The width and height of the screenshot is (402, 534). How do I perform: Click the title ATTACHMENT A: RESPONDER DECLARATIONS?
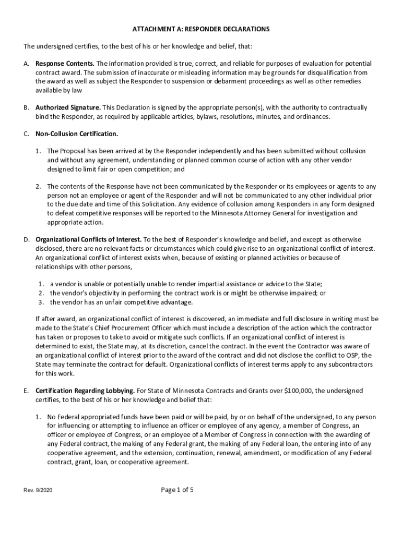pyautogui.click(x=201, y=29)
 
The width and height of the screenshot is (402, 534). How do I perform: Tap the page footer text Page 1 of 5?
pyautogui.click(x=177, y=490)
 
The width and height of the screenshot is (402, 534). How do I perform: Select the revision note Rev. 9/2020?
pyautogui.click(x=38, y=491)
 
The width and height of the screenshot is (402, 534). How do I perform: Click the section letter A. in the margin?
pyautogui.click(x=26, y=64)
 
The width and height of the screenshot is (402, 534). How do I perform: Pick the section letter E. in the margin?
pyautogui.click(x=26, y=391)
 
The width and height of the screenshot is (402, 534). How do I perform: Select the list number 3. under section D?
pyautogui.click(x=41, y=302)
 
